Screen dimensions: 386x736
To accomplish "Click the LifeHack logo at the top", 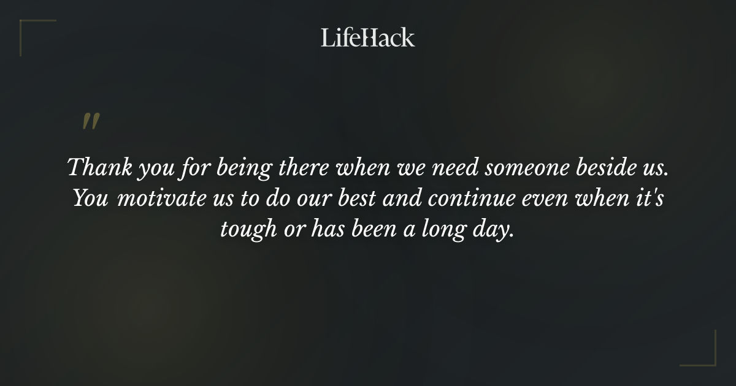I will (368, 37).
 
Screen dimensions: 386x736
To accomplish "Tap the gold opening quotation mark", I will (90, 122).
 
